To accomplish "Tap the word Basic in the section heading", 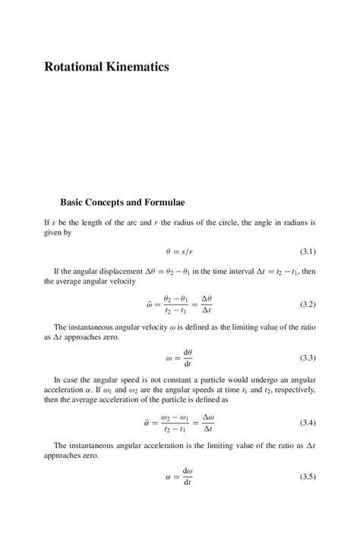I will click(x=74, y=203).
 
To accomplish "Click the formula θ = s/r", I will click(x=180, y=251).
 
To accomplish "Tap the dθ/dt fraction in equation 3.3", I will click(x=188, y=358).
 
